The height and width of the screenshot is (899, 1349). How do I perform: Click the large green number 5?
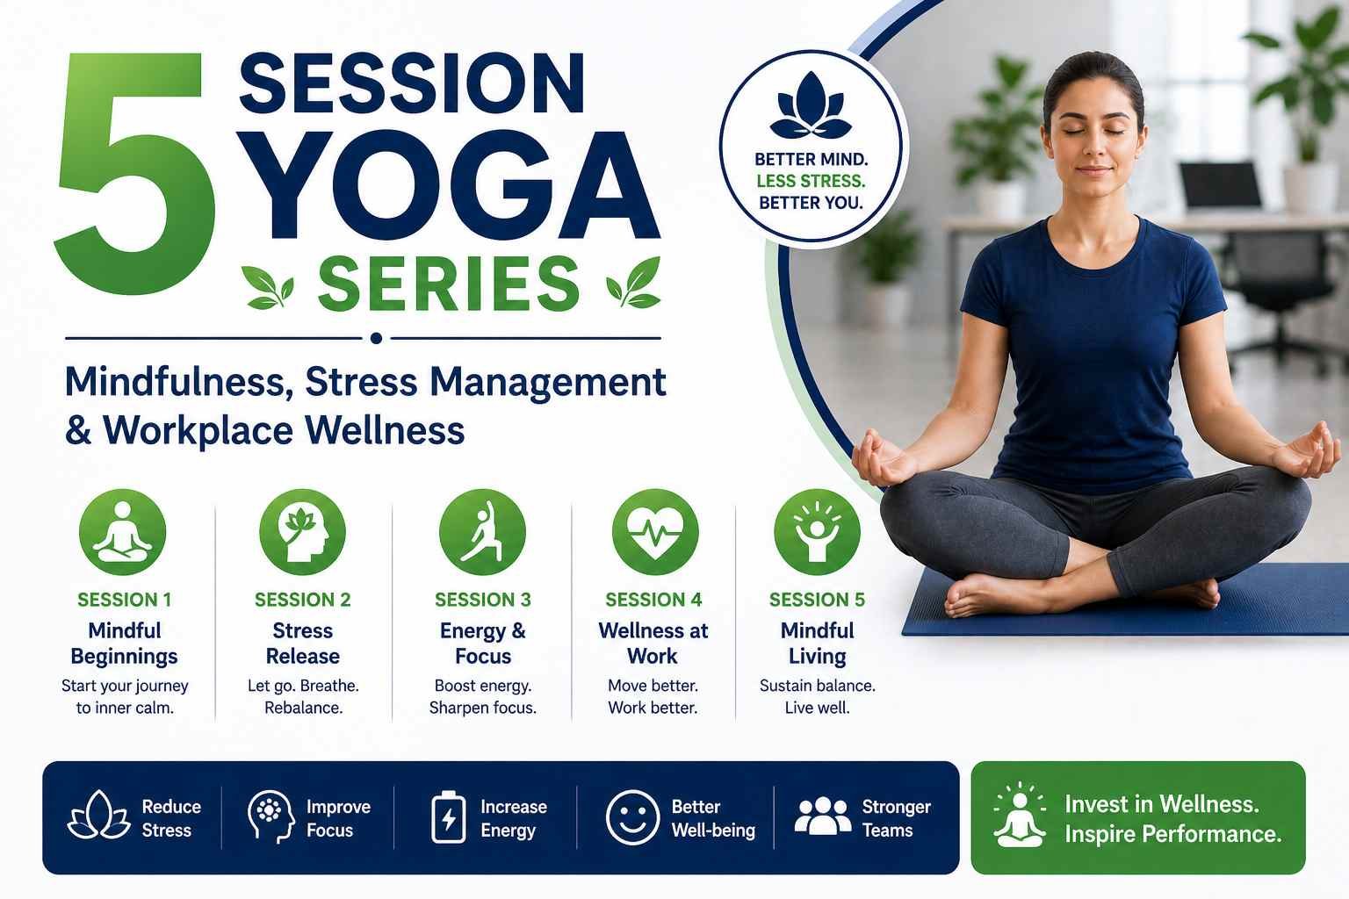(x=135, y=174)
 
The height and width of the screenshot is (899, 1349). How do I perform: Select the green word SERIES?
(x=449, y=283)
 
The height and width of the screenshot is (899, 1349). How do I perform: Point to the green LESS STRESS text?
(x=811, y=181)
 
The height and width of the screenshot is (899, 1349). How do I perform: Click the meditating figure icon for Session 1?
(x=122, y=532)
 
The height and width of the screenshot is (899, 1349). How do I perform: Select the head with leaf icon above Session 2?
(x=302, y=532)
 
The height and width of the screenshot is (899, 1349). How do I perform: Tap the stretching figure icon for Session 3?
(x=482, y=532)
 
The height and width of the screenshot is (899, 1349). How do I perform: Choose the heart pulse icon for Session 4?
(x=655, y=532)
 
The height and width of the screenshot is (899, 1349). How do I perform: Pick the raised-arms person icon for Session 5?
(x=818, y=532)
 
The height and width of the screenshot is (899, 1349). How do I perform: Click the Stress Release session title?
(x=303, y=644)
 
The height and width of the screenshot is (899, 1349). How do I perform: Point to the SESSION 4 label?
(x=653, y=600)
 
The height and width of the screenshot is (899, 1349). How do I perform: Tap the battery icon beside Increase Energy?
(x=449, y=817)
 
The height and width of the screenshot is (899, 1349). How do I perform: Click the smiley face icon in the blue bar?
(x=632, y=817)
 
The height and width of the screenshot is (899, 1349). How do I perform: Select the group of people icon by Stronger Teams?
(x=823, y=816)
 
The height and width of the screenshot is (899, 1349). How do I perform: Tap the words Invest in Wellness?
(x=1162, y=804)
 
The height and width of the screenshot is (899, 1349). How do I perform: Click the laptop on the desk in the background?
(x=1220, y=186)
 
